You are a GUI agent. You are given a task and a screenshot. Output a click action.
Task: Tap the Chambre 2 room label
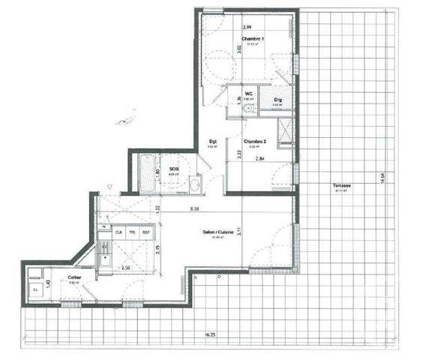pos(255,140)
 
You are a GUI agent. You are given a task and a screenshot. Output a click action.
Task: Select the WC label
pos(248,94)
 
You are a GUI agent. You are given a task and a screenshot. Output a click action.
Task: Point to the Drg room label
pos(277,99)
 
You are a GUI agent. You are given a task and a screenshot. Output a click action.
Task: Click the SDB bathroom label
pos(173,169)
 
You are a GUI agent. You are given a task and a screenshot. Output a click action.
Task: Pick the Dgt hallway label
pos(212,140)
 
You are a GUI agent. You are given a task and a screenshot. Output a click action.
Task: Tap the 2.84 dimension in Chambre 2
pos(260,159)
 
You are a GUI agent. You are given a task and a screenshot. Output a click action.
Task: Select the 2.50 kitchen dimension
pos(125,268)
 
